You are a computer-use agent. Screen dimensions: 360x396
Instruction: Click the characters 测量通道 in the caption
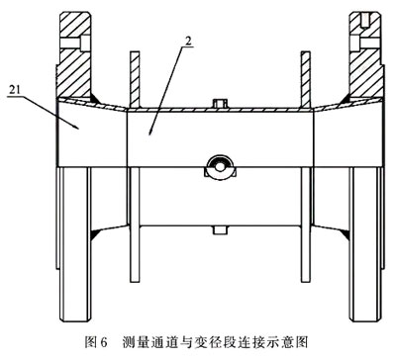coord(149,343)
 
